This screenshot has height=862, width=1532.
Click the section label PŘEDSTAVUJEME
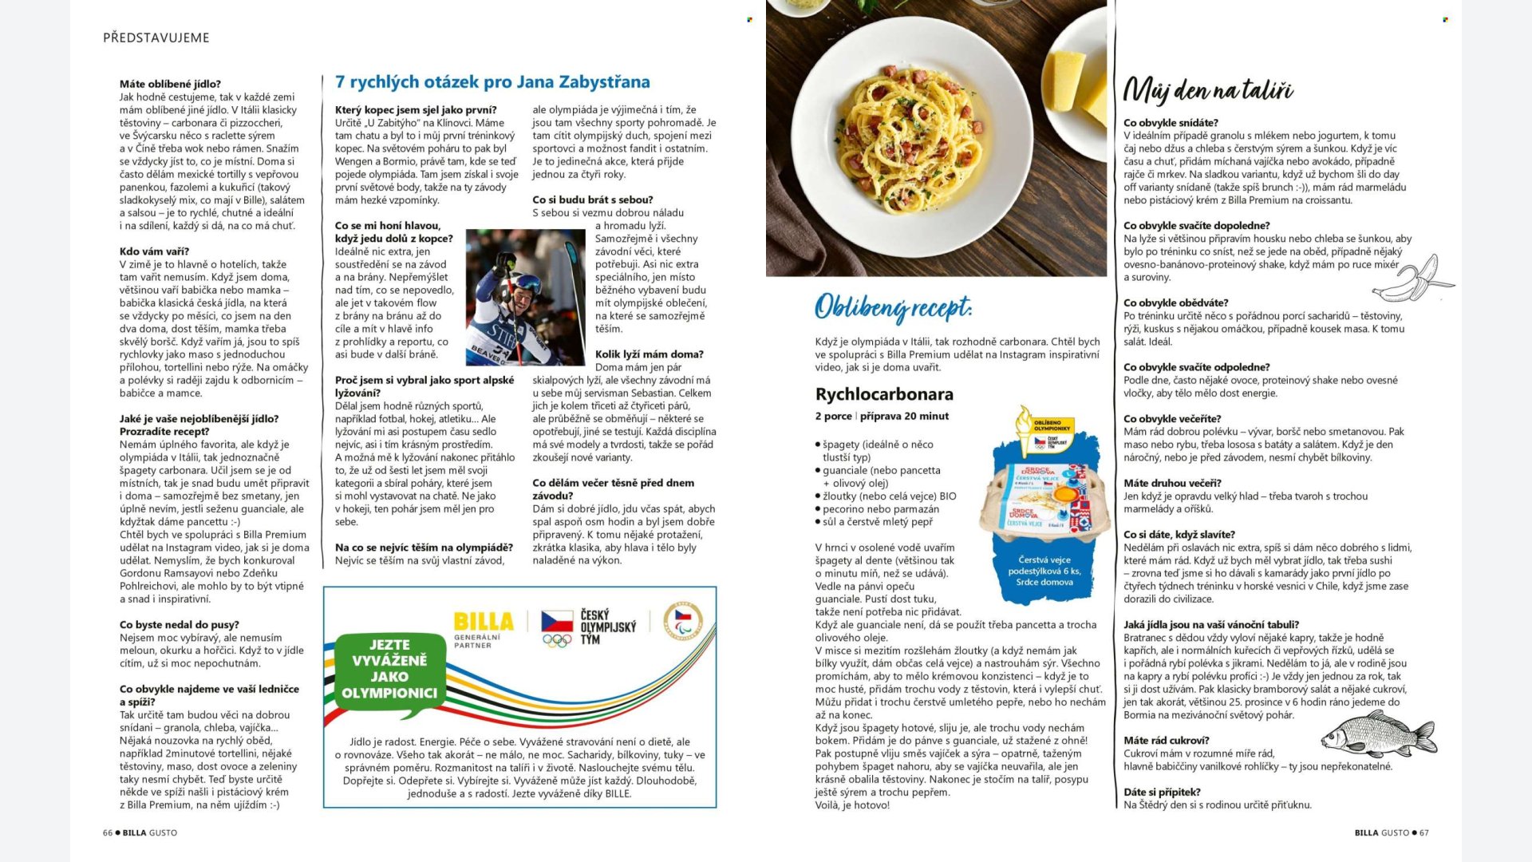[156, 38]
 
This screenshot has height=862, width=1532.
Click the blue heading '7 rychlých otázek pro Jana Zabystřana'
[492, 82]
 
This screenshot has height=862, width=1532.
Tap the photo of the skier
[525, 297]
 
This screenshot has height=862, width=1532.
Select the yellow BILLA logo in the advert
[484, 621]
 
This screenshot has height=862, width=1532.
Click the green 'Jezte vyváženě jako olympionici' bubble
[389, 669]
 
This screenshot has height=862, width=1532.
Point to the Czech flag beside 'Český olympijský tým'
[557, 621]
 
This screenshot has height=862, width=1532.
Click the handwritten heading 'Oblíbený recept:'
[893, 307]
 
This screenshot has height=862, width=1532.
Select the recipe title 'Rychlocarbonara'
[884, 394]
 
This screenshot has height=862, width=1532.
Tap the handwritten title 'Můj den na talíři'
[1207, 90]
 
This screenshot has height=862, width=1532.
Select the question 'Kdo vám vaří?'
[154, 251]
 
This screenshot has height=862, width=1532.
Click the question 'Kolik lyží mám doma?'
[649, 354]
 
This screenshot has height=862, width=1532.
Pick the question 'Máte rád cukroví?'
[1166, 741]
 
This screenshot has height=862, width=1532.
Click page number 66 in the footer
[108, 832]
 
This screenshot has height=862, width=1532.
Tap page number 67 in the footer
[1424, 832]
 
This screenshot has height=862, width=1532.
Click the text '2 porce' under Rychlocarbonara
[833, 416]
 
